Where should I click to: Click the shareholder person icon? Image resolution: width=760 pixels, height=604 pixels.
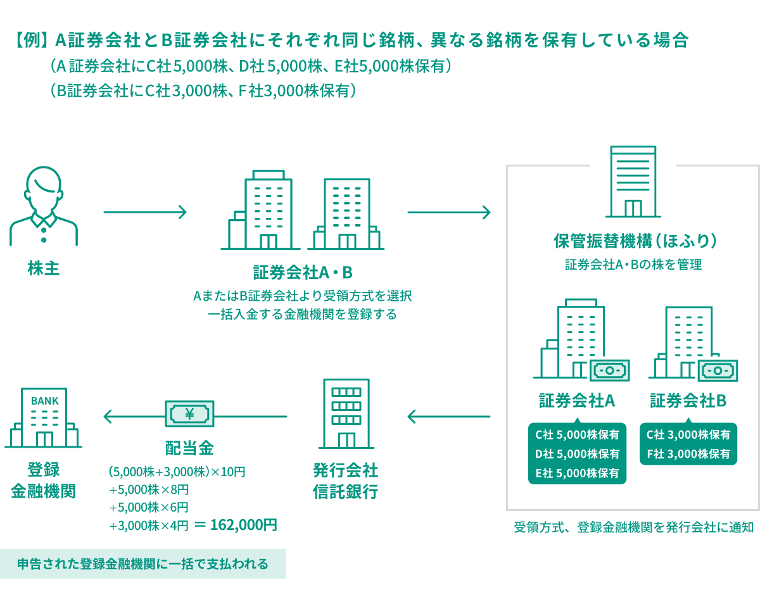(x=44, y=206)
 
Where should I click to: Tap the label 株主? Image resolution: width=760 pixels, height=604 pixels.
(x=44, y=268)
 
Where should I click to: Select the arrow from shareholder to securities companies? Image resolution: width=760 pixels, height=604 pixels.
(x=145, y=212)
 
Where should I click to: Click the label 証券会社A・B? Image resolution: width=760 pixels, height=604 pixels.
(x=302, y=273)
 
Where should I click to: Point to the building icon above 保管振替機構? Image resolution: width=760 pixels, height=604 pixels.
(x=633, y=182)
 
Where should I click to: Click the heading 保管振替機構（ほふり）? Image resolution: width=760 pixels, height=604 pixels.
(x=634, y=242)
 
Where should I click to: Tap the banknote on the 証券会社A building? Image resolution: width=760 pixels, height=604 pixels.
(x=609, y=370)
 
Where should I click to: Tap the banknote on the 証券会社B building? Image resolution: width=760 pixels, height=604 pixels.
(x=718, y=370)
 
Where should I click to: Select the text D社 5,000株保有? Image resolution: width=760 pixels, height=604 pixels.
(x=577, y=454)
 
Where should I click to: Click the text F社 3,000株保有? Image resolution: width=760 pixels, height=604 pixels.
(x=688, y=454)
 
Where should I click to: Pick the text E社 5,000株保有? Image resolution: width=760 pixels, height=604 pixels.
(x=577, y=473)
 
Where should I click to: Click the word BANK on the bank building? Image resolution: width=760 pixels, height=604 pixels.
(x=44, y=401)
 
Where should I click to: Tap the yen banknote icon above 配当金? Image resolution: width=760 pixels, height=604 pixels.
(x=189, y=415)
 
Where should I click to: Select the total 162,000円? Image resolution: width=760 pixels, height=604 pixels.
(x=243, y=525)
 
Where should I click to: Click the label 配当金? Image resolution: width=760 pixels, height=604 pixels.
(x=189, y=448)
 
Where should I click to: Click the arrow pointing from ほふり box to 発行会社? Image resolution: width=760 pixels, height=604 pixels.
(x=449, y=417)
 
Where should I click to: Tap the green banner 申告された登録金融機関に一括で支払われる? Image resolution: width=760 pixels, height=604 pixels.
(x=142, y=563)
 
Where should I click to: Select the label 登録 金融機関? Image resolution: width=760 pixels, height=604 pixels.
(x=44, y=481)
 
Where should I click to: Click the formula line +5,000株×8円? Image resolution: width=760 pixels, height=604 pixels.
(x=149, y=489)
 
